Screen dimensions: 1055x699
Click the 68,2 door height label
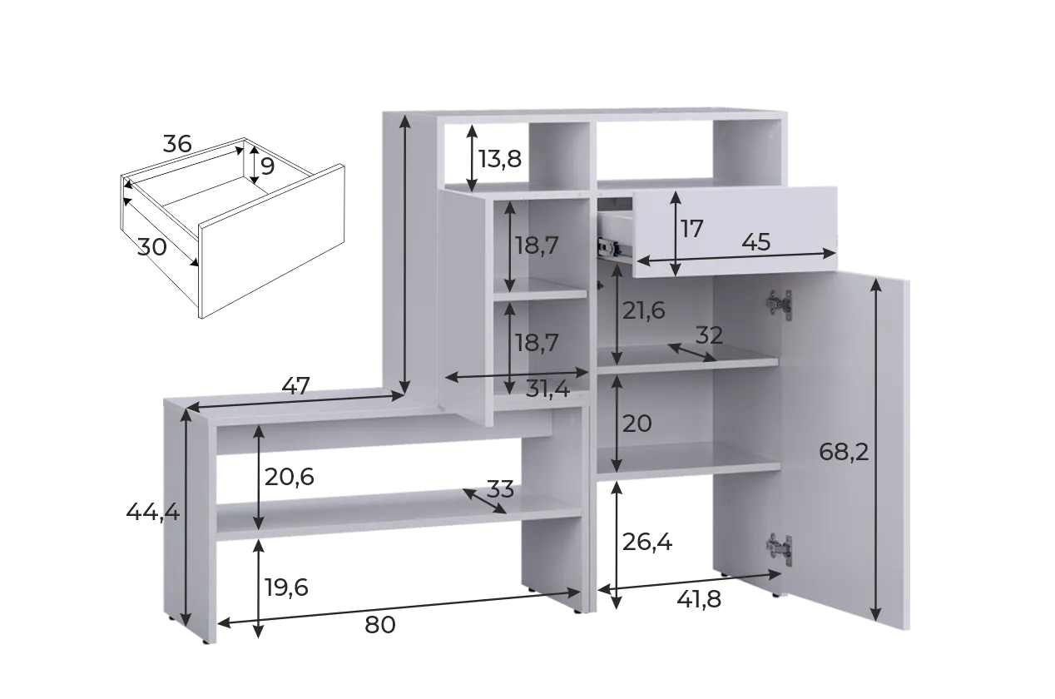[844, 453]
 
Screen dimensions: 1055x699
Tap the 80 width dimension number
[379, 625]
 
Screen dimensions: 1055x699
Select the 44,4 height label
[152, 512]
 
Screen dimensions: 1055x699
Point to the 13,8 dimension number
[500, 159]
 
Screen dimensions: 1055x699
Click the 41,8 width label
[699, 600]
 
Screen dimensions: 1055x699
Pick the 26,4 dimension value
[647, 543]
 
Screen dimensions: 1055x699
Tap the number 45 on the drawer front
[756, 242]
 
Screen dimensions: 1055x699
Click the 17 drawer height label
[692, 230]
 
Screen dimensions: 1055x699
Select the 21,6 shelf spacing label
[643, 311]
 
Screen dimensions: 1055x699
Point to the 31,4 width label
[547, 389]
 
